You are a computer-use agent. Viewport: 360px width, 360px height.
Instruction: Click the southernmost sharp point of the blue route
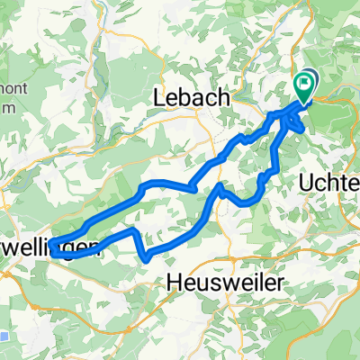click(147, 259)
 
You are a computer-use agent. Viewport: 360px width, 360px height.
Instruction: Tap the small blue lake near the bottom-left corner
click(4, 337)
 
